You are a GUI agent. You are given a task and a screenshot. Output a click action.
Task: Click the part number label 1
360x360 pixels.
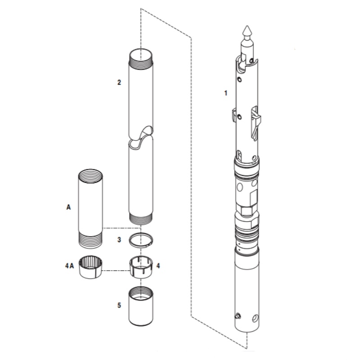pyautogui.click(x=226, y=93)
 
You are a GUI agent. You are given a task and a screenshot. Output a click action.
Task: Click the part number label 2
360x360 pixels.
pyautogui.click(x=119, y=82)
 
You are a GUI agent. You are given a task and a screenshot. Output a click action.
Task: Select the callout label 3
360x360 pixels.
pyautogui.click(x=119, y=240)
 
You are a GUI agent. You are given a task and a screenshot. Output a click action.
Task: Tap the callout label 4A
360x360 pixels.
pyautogui.click(x=68, y=266)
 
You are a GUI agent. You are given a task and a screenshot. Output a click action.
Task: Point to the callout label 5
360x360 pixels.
pyautogui.click(x=119, y=305)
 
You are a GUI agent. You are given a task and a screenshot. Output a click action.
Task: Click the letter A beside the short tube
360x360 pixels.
pyautogui.click(x=68, y=207)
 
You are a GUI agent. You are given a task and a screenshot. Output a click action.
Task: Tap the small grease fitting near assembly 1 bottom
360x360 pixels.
pyautogui.click(x=237, y=316)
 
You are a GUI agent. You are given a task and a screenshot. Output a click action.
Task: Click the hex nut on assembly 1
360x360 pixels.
pyautogui.click(x=247, y=209)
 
